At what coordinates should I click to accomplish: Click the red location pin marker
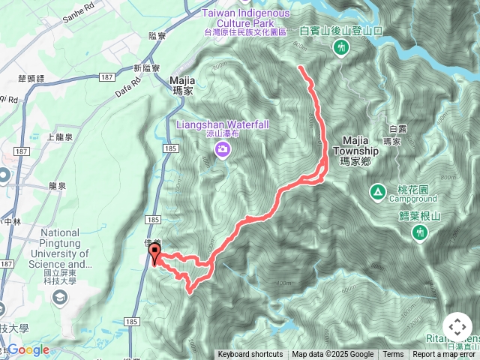(x=154, y=253)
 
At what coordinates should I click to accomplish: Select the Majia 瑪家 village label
(x=182, y=84)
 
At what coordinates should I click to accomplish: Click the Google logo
(x=28, y=349)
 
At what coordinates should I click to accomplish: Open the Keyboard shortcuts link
(x=250, y=355)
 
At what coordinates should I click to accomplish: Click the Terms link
(x=393, y=355)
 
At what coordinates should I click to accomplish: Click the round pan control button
(x=457, y=328)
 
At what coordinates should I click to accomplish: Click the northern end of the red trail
(x=300, y=67)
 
